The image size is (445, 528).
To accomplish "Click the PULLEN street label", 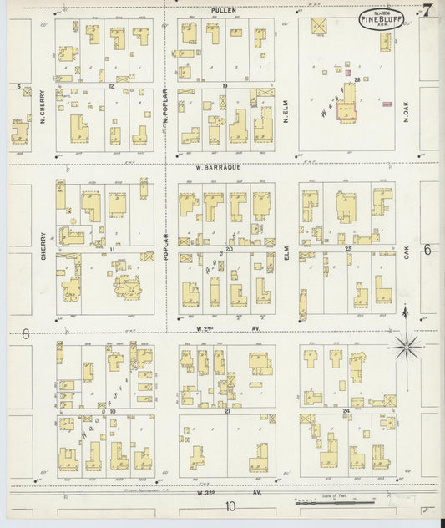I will pyautogui.click(x=224, y=9).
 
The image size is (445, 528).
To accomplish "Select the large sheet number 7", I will pyautogui.click(x=427, y=11).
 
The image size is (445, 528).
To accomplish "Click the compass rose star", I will pyautogui.click(x=405, y=343).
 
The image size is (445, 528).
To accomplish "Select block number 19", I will pyautogui.click(x=225, y=86).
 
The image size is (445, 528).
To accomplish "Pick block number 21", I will pyautogui.click(x=225, y=411).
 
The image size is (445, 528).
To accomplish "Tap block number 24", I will pyautogui.click(x=344, y=411).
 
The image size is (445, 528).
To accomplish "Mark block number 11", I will pyautogui.click(x=110, y=249).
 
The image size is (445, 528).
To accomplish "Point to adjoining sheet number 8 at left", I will pyautogui.click(x=26, y=333).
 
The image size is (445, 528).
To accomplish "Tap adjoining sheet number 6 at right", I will pyautogui.click(x=426, y=249).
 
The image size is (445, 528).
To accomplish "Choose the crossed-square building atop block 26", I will pyautogui.click(x=318, y=26).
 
